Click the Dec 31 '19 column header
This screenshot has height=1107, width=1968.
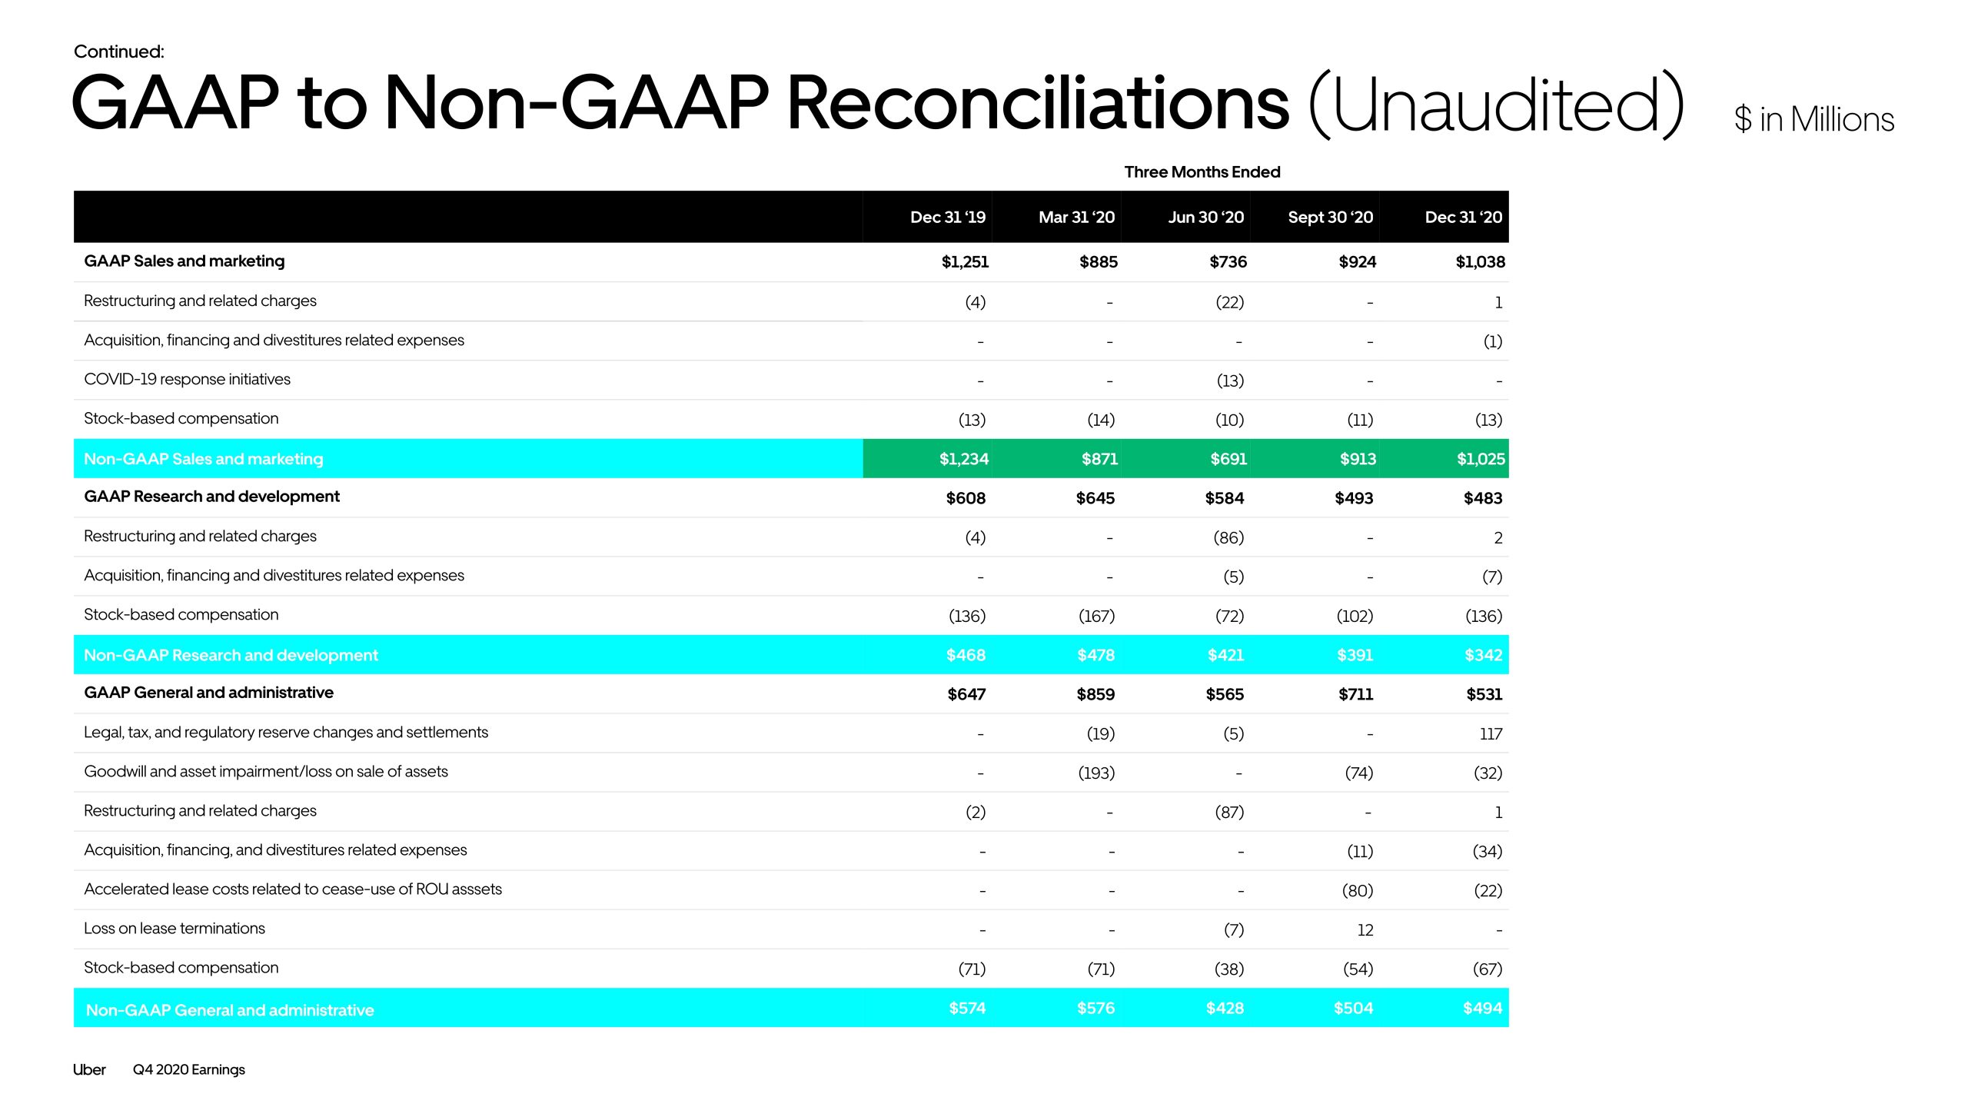pos(947,218)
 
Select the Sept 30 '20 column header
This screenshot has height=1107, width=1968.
pos(1330,218)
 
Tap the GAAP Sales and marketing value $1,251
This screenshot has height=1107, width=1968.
pos(965,262)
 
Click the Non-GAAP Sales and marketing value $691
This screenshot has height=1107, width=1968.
pos(1228,459)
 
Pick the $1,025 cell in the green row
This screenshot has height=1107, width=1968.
pos(1480,459)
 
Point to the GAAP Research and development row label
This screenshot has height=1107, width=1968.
pos(211,497)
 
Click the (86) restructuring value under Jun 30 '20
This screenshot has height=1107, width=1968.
pos(1228,538)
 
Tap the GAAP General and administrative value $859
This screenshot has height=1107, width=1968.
pos(1095,694)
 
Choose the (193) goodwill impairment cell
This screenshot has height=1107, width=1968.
pos(1095,773)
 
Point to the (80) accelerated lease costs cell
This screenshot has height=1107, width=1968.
pos(1357,891)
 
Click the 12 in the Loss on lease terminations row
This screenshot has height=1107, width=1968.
pos(1365,930)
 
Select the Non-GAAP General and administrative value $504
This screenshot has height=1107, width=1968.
pos(1353,1008)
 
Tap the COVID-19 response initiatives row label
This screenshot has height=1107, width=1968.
pos(187,379)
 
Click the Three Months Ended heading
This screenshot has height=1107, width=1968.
pos(1202,172)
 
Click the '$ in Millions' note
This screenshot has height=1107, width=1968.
pos(1813,120)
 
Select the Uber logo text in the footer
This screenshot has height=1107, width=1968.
pos(89,1069)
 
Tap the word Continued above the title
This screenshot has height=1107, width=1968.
pos(118,52)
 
